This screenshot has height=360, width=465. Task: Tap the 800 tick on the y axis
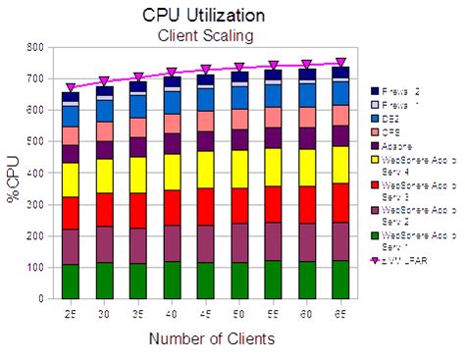pos(35,47)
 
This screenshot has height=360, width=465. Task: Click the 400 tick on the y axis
pos(35,173)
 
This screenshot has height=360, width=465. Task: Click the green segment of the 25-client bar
pos(71,281)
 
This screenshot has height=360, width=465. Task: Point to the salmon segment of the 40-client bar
pos(172,123)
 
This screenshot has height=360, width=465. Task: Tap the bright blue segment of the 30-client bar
pos(105,110)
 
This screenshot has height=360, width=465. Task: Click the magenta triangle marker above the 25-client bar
pos(71,87)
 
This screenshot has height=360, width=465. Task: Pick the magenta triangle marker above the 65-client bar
pos(338,63)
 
